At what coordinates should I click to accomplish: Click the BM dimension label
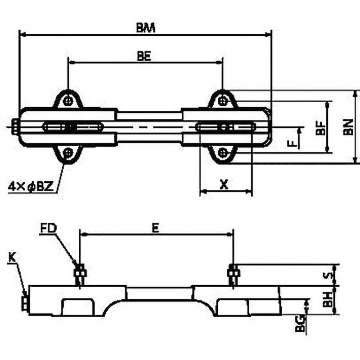(146, 28)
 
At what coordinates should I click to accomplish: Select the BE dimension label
(144, 56)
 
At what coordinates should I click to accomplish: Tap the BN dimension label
(348, 127)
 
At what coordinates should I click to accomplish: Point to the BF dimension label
(321, 128)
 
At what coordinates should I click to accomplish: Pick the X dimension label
(224, 184)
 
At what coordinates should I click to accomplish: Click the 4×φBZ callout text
(31, 187)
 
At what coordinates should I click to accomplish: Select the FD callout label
(48, 228)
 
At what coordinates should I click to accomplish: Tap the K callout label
(12, 257)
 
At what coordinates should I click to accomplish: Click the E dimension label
(155, 228)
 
